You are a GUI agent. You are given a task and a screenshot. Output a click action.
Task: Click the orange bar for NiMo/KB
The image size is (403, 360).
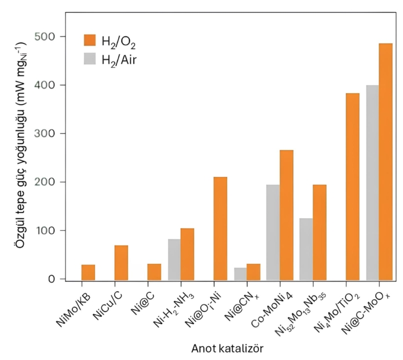(x=88, y=273)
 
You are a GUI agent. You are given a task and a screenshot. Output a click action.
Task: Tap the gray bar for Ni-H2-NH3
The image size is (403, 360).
(x=173, y=259)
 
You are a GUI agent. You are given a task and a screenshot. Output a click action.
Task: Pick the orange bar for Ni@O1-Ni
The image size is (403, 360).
(x=220, y=229)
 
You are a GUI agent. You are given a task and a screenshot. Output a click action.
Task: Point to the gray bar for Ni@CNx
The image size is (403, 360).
(x=239, y=274)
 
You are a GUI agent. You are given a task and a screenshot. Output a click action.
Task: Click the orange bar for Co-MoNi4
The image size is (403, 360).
(x=286, y=215)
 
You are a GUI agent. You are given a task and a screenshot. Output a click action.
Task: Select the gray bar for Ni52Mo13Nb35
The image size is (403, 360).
(x=306, y=249)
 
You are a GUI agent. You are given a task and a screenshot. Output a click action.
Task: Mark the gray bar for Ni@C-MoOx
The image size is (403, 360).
(x=372, y=183)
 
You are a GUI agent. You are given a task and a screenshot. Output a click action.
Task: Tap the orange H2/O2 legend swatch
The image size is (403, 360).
(x=90, y=40)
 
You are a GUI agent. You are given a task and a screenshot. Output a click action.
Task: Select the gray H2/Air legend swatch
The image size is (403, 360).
(x=90, y=58)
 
